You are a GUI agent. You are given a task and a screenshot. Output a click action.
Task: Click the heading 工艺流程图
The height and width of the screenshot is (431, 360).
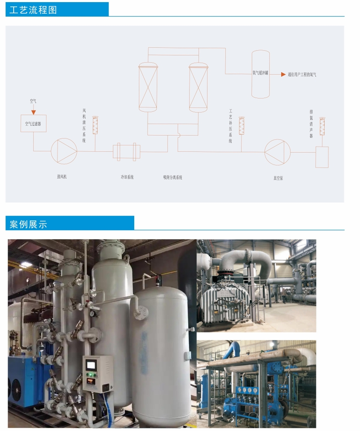pos(33,10)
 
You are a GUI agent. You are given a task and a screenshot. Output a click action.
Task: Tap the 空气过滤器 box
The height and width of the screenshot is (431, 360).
pos(33,124)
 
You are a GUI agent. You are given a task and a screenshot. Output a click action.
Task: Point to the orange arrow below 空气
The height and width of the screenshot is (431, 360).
pos(33,112)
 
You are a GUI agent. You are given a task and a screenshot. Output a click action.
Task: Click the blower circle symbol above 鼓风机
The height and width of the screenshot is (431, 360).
pos(64,151)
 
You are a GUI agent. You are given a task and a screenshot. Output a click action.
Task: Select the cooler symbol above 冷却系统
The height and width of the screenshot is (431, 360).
pos(126,152)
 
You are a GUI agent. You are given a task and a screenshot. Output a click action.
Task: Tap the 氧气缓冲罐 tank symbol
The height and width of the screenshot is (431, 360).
pos(260,74)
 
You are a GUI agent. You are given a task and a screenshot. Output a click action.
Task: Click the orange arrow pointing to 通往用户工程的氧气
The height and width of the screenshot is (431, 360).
pos(283,74)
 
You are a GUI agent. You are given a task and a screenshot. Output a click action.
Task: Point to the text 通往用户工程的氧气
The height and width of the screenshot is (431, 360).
pos(302,75)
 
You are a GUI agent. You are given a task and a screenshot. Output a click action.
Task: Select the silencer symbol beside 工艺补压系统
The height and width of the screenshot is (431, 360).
pos(242,125)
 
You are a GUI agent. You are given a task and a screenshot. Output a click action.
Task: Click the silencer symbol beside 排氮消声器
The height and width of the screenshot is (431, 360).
pos(322,127)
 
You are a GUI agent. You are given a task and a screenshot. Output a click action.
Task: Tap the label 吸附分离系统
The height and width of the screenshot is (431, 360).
pos(173,177)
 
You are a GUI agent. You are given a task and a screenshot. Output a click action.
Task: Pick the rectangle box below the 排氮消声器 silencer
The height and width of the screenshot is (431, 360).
pos(322,156)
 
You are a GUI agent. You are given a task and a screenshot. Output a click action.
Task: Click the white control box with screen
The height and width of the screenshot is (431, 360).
pos(98,373)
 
